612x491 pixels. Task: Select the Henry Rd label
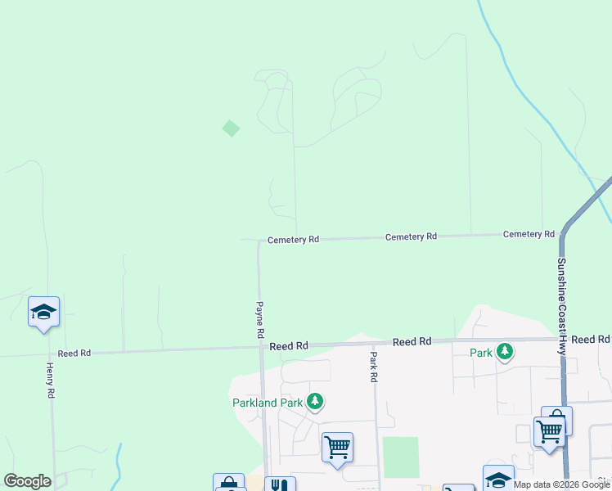50,381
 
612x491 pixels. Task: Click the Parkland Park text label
268,402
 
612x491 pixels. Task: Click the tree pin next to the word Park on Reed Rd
505,351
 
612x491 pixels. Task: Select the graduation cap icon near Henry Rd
44,312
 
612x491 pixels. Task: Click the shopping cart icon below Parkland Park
337,448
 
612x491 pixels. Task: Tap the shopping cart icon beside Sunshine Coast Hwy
550,430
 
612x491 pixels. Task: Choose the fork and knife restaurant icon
280,485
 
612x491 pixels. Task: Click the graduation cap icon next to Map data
497,480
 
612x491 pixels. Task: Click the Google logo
28,481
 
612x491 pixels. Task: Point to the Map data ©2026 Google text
562,484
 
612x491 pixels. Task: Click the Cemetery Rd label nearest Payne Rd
293,240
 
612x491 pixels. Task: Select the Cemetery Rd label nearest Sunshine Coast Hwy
529,234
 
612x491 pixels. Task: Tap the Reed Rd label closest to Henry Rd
74,354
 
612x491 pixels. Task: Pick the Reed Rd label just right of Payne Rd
289,346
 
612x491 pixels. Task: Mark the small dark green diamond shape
232,128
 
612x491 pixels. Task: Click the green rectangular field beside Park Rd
400,457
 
